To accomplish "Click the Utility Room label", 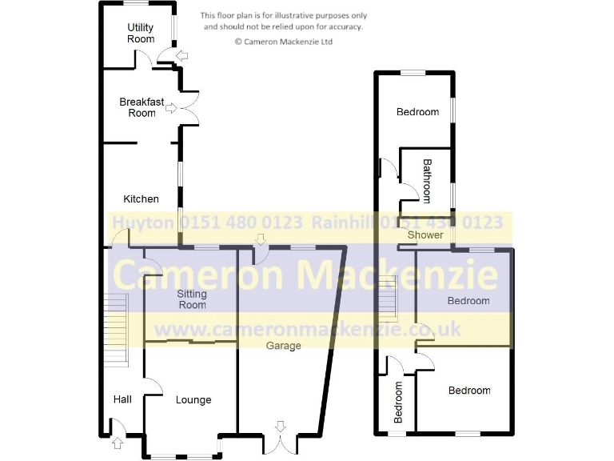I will (141, 33).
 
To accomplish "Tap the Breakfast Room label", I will (142, 107).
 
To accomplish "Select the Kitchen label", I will (141, 198).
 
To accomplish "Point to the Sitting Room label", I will (191, 299).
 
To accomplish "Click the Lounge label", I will (193, 399).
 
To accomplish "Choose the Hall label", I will (122, 399).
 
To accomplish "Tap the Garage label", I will (284, 346).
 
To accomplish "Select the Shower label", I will (425, 235).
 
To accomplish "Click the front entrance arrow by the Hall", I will (118, 441).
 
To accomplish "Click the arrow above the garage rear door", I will (260, 239).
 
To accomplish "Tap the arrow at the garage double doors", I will (279, 425).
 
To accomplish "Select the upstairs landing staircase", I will (389, 298).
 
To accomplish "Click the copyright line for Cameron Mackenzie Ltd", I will (283, 41).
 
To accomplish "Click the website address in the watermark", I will (307, 328).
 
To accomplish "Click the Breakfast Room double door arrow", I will (170, 109).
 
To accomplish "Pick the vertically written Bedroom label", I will (397, 402).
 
